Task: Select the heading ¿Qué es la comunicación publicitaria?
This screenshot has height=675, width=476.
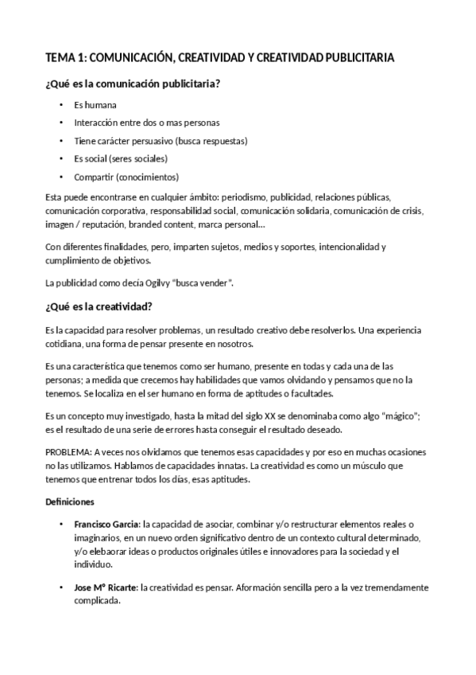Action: coord(133,84)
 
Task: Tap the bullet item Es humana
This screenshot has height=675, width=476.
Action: coord(95,105)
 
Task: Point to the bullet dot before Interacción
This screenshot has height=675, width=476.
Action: coord(60,123)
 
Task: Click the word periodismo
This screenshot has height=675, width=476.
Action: coord(243,196)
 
